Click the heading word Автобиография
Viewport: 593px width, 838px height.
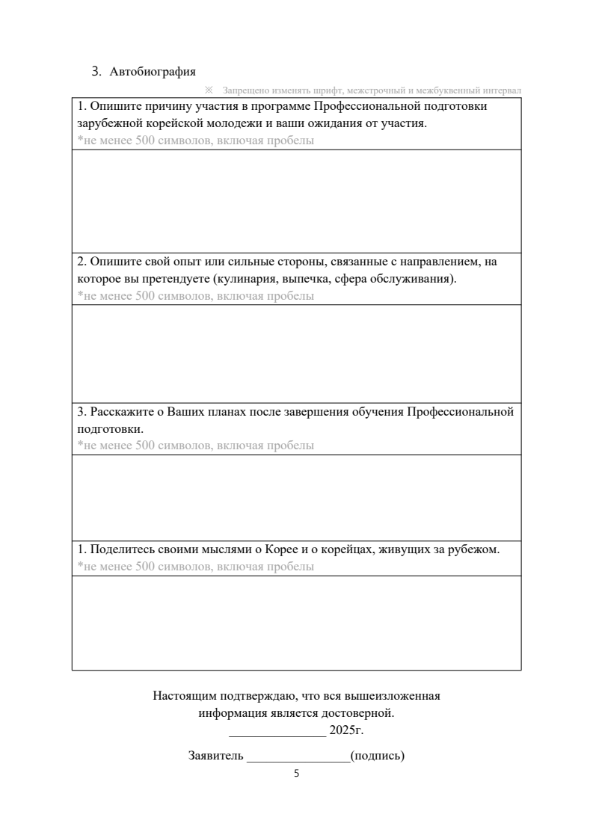click(153, 72)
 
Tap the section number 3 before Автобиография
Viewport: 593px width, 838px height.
click(95, 72)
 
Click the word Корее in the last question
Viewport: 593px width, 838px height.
click(270, 549)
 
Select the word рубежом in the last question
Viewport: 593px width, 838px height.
click(473, 549)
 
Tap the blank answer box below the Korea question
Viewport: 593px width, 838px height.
click(296, 623)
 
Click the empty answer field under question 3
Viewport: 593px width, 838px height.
click(296, 497)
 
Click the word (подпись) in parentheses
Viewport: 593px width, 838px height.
click(377, 756)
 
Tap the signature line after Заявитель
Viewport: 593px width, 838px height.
click(298, 759)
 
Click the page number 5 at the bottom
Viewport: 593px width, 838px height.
click(296, 774)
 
